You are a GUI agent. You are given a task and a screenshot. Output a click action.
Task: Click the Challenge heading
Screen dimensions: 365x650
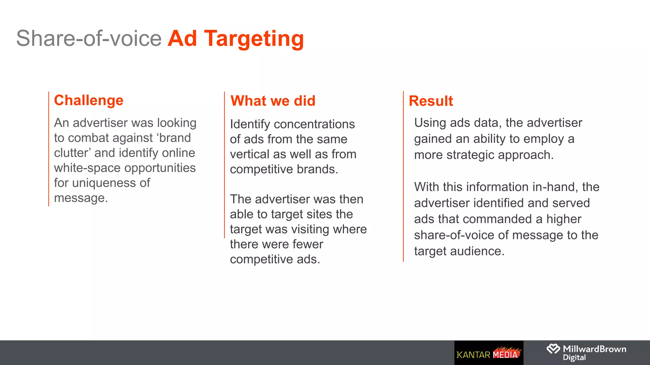(x=89, y=100)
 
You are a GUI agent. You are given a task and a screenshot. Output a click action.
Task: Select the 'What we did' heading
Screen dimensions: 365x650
(x=273, y=101)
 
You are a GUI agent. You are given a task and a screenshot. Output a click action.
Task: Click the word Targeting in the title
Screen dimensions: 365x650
(x=254, y=39)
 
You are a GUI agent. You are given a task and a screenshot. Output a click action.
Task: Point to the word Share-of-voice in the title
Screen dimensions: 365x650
(x=89, y=39)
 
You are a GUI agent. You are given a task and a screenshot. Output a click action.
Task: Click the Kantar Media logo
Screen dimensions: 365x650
(x=488, y=353)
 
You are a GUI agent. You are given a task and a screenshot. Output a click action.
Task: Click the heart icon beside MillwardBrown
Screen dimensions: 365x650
(x=553, y=349)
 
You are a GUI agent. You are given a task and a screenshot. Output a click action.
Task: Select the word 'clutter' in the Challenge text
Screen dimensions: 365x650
(x=73, y=153)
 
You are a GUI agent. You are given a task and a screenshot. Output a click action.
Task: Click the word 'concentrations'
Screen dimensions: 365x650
(x=314, y=125)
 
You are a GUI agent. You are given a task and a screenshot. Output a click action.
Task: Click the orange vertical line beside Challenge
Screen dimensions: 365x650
(x=49, y=149)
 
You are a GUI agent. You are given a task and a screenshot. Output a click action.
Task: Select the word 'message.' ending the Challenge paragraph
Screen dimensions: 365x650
(x=81, y=198)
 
